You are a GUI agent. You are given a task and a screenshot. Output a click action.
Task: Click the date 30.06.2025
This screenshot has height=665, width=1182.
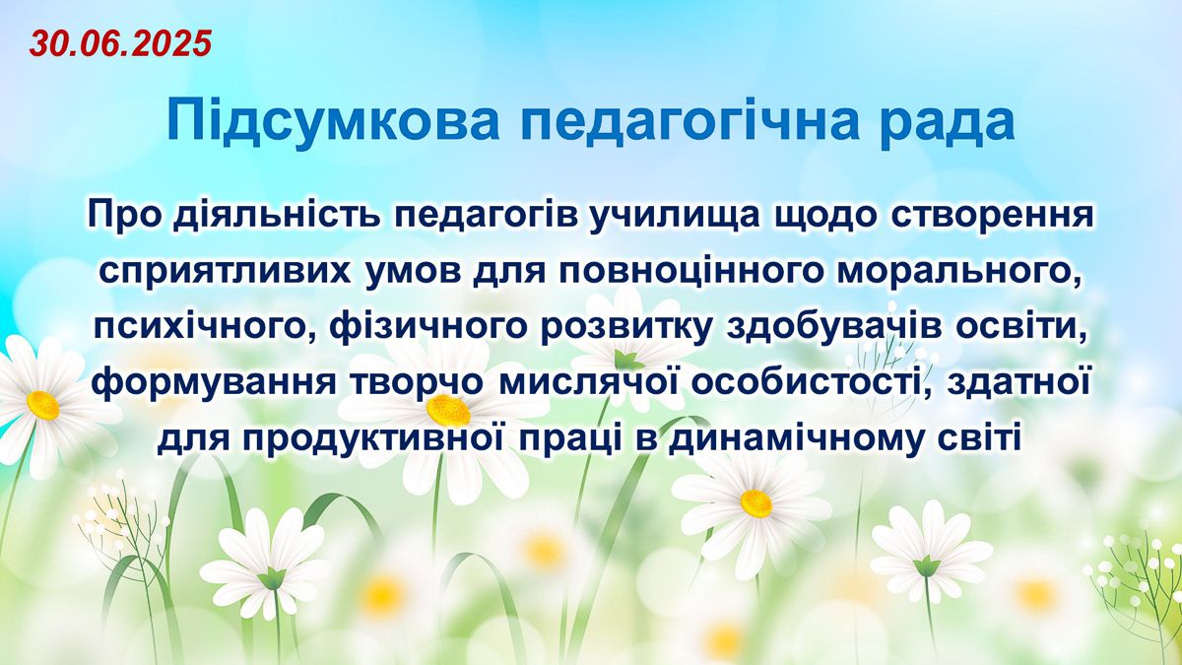pos(120,43)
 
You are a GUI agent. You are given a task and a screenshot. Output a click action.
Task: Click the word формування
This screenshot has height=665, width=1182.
pos(214,382)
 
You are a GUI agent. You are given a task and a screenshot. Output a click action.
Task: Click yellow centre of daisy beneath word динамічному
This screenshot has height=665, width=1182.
pos(756,502)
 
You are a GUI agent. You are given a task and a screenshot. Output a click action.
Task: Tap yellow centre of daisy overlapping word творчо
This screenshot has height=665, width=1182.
pos(448,411)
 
